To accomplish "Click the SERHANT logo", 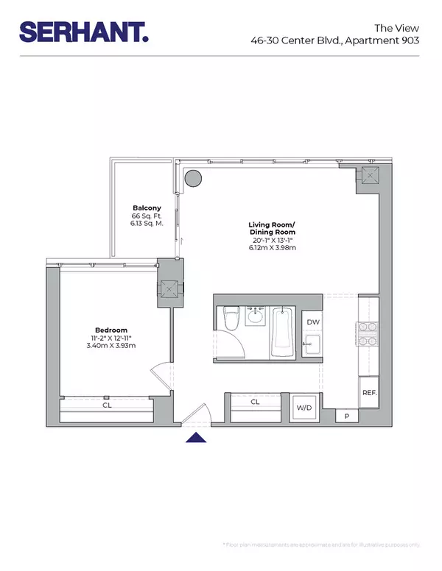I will point(83,31).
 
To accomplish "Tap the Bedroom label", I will point(110,330).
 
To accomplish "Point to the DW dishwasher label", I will point(312,322).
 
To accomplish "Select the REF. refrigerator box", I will point(369,392).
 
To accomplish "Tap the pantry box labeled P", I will point(347,416).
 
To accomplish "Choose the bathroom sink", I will point(256,316).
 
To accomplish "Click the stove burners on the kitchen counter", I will point(368,333).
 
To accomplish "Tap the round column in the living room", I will point(193,177).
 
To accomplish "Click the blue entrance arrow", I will point(195,439).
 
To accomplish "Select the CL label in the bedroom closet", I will point(107,403).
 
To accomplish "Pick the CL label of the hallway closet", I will point(255,402).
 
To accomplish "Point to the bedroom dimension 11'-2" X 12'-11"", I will point(110,338).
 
